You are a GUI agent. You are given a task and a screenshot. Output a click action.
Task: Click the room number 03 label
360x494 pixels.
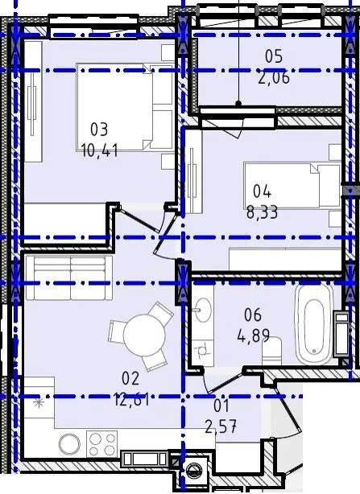point(99,130)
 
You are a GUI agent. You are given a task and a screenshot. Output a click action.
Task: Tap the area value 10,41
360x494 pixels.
point(100,150)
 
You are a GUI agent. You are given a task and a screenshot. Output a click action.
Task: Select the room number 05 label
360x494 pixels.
point(274,56)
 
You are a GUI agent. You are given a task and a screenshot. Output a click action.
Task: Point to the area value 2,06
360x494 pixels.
point(274,77)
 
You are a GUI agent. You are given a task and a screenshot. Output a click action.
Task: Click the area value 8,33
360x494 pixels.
point(262,212)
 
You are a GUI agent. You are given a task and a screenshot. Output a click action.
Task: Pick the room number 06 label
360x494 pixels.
point(253,315)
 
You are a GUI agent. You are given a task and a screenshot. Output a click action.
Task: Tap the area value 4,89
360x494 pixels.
point(253,336)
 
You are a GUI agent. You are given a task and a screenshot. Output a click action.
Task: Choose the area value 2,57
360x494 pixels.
point(221,427)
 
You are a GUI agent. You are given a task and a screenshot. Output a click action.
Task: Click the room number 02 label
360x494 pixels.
point(130,379)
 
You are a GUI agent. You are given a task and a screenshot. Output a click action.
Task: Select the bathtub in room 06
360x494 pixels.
point(314,324)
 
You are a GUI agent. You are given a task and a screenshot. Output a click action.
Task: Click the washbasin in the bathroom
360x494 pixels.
point(201,311)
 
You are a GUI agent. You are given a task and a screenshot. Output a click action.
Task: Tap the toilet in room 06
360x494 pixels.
point(271,351)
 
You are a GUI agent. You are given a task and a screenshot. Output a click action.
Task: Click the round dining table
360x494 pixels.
point(144,336)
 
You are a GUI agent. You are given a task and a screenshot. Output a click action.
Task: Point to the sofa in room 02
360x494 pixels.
point(69,278)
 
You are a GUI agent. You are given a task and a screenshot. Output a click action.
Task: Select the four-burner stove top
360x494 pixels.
point(101,444)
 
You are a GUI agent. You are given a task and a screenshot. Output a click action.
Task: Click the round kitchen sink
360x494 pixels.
point(69,444)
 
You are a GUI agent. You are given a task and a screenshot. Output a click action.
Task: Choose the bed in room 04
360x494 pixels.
point(292,186)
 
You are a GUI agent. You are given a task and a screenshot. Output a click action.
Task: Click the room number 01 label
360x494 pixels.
point(221,406)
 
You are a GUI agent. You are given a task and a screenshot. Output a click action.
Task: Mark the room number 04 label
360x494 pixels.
point(262,191)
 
